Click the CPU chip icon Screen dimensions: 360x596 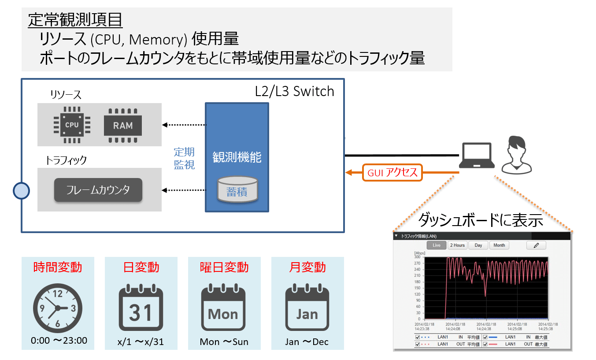(72, 125)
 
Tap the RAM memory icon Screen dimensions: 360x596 (123, 126)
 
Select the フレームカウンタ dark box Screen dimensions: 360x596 (98, 190)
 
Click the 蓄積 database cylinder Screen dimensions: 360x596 (237, 189)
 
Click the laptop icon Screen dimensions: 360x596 (476, 156)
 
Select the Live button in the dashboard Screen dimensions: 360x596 (436, 245)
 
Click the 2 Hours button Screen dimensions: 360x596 (457, 245)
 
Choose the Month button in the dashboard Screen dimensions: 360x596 (499, 245)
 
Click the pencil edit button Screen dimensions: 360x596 (536, 245)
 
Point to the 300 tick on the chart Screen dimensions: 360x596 (417, 257)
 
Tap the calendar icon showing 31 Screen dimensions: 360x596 (141, 308)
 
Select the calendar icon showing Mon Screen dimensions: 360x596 (223, 308)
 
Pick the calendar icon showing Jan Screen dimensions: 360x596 (307, 308)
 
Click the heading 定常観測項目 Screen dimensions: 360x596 (75, 19)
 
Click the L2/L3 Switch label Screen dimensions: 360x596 (294, 91)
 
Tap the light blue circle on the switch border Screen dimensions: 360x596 (21, 191)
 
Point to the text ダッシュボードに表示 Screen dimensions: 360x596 (480, 219)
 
